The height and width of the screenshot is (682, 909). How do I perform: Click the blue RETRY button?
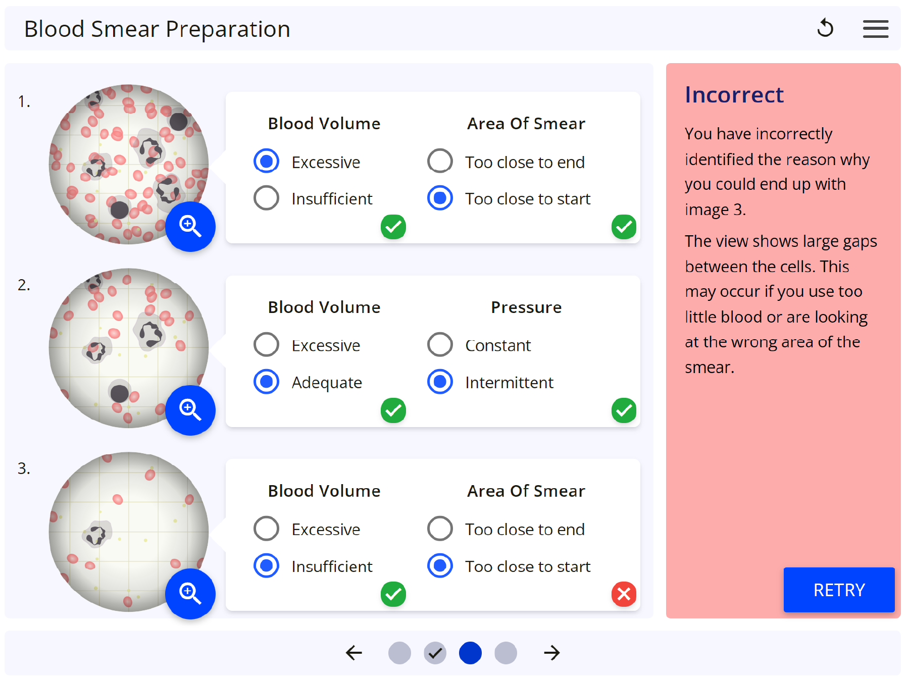click(839, 590)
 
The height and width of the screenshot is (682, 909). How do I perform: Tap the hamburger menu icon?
click(875, 29)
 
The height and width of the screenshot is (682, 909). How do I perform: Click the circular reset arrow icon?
click(825, 28)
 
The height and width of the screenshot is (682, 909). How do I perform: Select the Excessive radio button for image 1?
click(266, 161)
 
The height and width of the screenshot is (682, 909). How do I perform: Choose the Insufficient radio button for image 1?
click(266, 198)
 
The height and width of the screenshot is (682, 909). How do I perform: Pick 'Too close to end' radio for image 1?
click(440, 161)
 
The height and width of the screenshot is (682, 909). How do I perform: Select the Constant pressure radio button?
click(440, 345)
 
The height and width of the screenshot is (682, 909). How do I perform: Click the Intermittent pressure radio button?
click(440, 382)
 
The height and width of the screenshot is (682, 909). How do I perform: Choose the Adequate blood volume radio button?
click(266, 382)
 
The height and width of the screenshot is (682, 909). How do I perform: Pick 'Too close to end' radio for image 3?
click(440, 529)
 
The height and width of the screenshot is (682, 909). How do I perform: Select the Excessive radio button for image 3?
click(266, 529)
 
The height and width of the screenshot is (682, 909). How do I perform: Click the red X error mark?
click(624, 594)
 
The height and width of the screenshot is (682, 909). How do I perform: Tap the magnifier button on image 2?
click(190, 410)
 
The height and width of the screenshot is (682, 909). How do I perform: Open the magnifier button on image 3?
click(190, 594)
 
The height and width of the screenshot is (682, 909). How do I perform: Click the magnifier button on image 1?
click(190, 226)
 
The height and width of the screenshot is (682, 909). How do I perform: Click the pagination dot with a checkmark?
click(435, 653)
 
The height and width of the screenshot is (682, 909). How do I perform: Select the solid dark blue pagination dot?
click(470, 653)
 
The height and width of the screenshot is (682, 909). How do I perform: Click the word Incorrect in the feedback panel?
click(734, 95)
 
